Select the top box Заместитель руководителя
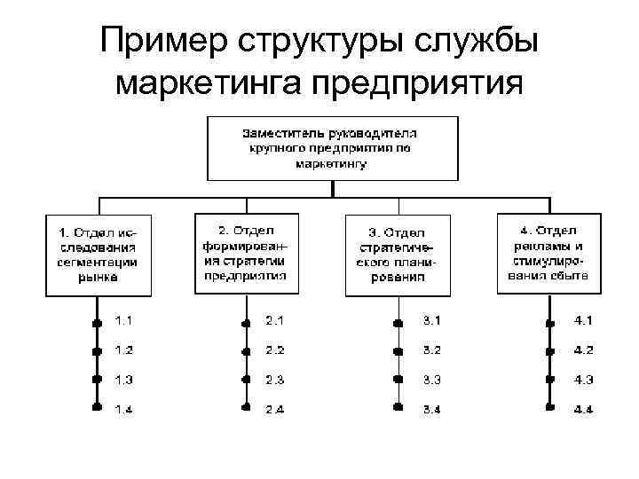tap(330, 147)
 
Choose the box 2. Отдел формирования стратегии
tap(246, 252)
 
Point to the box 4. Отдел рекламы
tap(548, 252)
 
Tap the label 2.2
tap(273, 349)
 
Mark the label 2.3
tap(273, 379)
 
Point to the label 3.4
tap(432, 408)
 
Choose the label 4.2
tap(583, 349)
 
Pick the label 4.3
tap(583, 379)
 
